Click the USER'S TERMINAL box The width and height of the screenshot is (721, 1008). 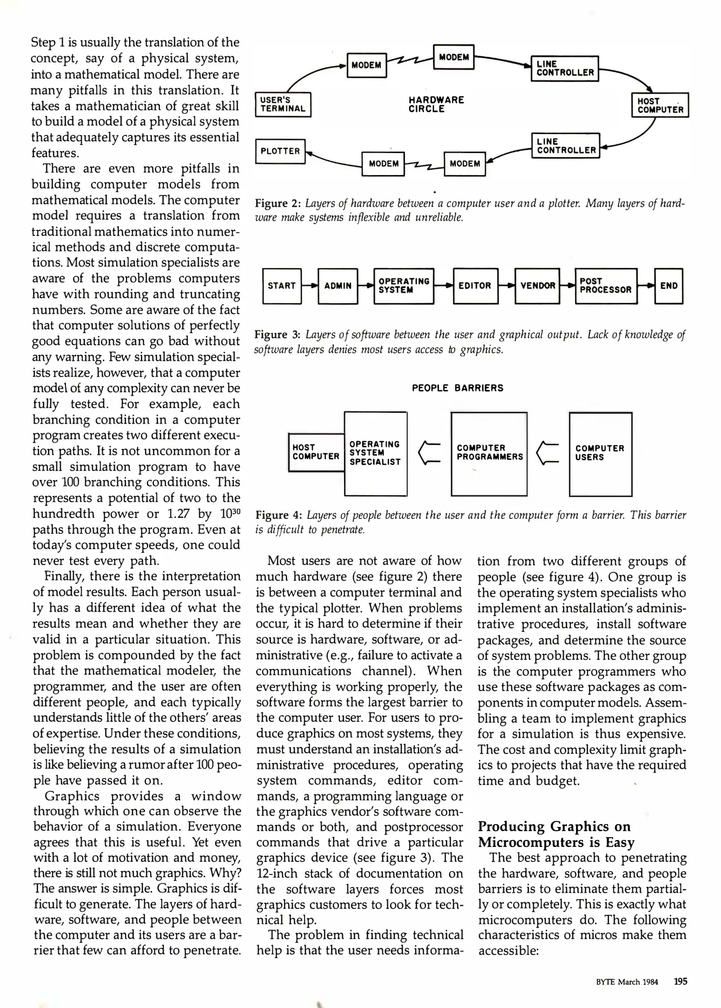(x=283, y=105)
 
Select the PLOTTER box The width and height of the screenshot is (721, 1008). (x=280, y=151)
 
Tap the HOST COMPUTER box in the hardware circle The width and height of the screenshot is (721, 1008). (x=660, y=105)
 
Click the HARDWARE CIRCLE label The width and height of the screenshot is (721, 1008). (x=436, y=105)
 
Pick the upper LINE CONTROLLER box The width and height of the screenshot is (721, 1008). (x=565, y=68)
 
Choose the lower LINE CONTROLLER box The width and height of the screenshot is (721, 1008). (x=566, y=146)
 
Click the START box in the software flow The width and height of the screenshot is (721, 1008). (x=282, y=286)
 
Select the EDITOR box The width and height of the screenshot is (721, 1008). (x=475, y=286)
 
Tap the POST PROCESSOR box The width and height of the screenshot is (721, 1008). (x=605, y=286)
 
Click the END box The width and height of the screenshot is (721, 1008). (x=668, y=286)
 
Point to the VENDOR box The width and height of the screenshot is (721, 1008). (x=537, y=286)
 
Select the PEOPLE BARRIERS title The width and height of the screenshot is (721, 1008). (x=458, y=388)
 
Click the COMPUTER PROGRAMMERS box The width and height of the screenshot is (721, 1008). (x=489, y=453)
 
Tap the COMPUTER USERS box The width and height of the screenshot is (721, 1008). (x=600, y=453)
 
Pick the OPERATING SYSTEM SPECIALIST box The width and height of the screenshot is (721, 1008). (x=375, y=453)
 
